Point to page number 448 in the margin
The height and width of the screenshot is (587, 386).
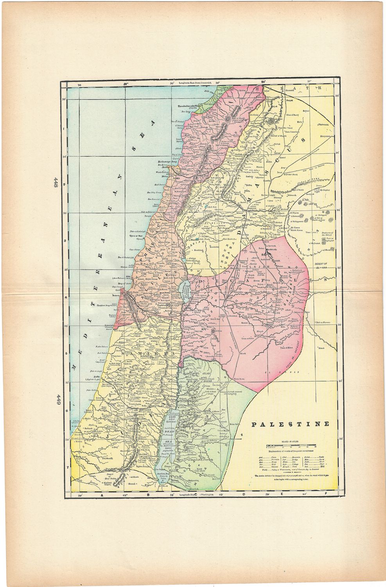point(56,182)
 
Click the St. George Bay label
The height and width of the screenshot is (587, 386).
point(167,161)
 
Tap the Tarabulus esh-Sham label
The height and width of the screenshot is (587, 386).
point(190,106)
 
